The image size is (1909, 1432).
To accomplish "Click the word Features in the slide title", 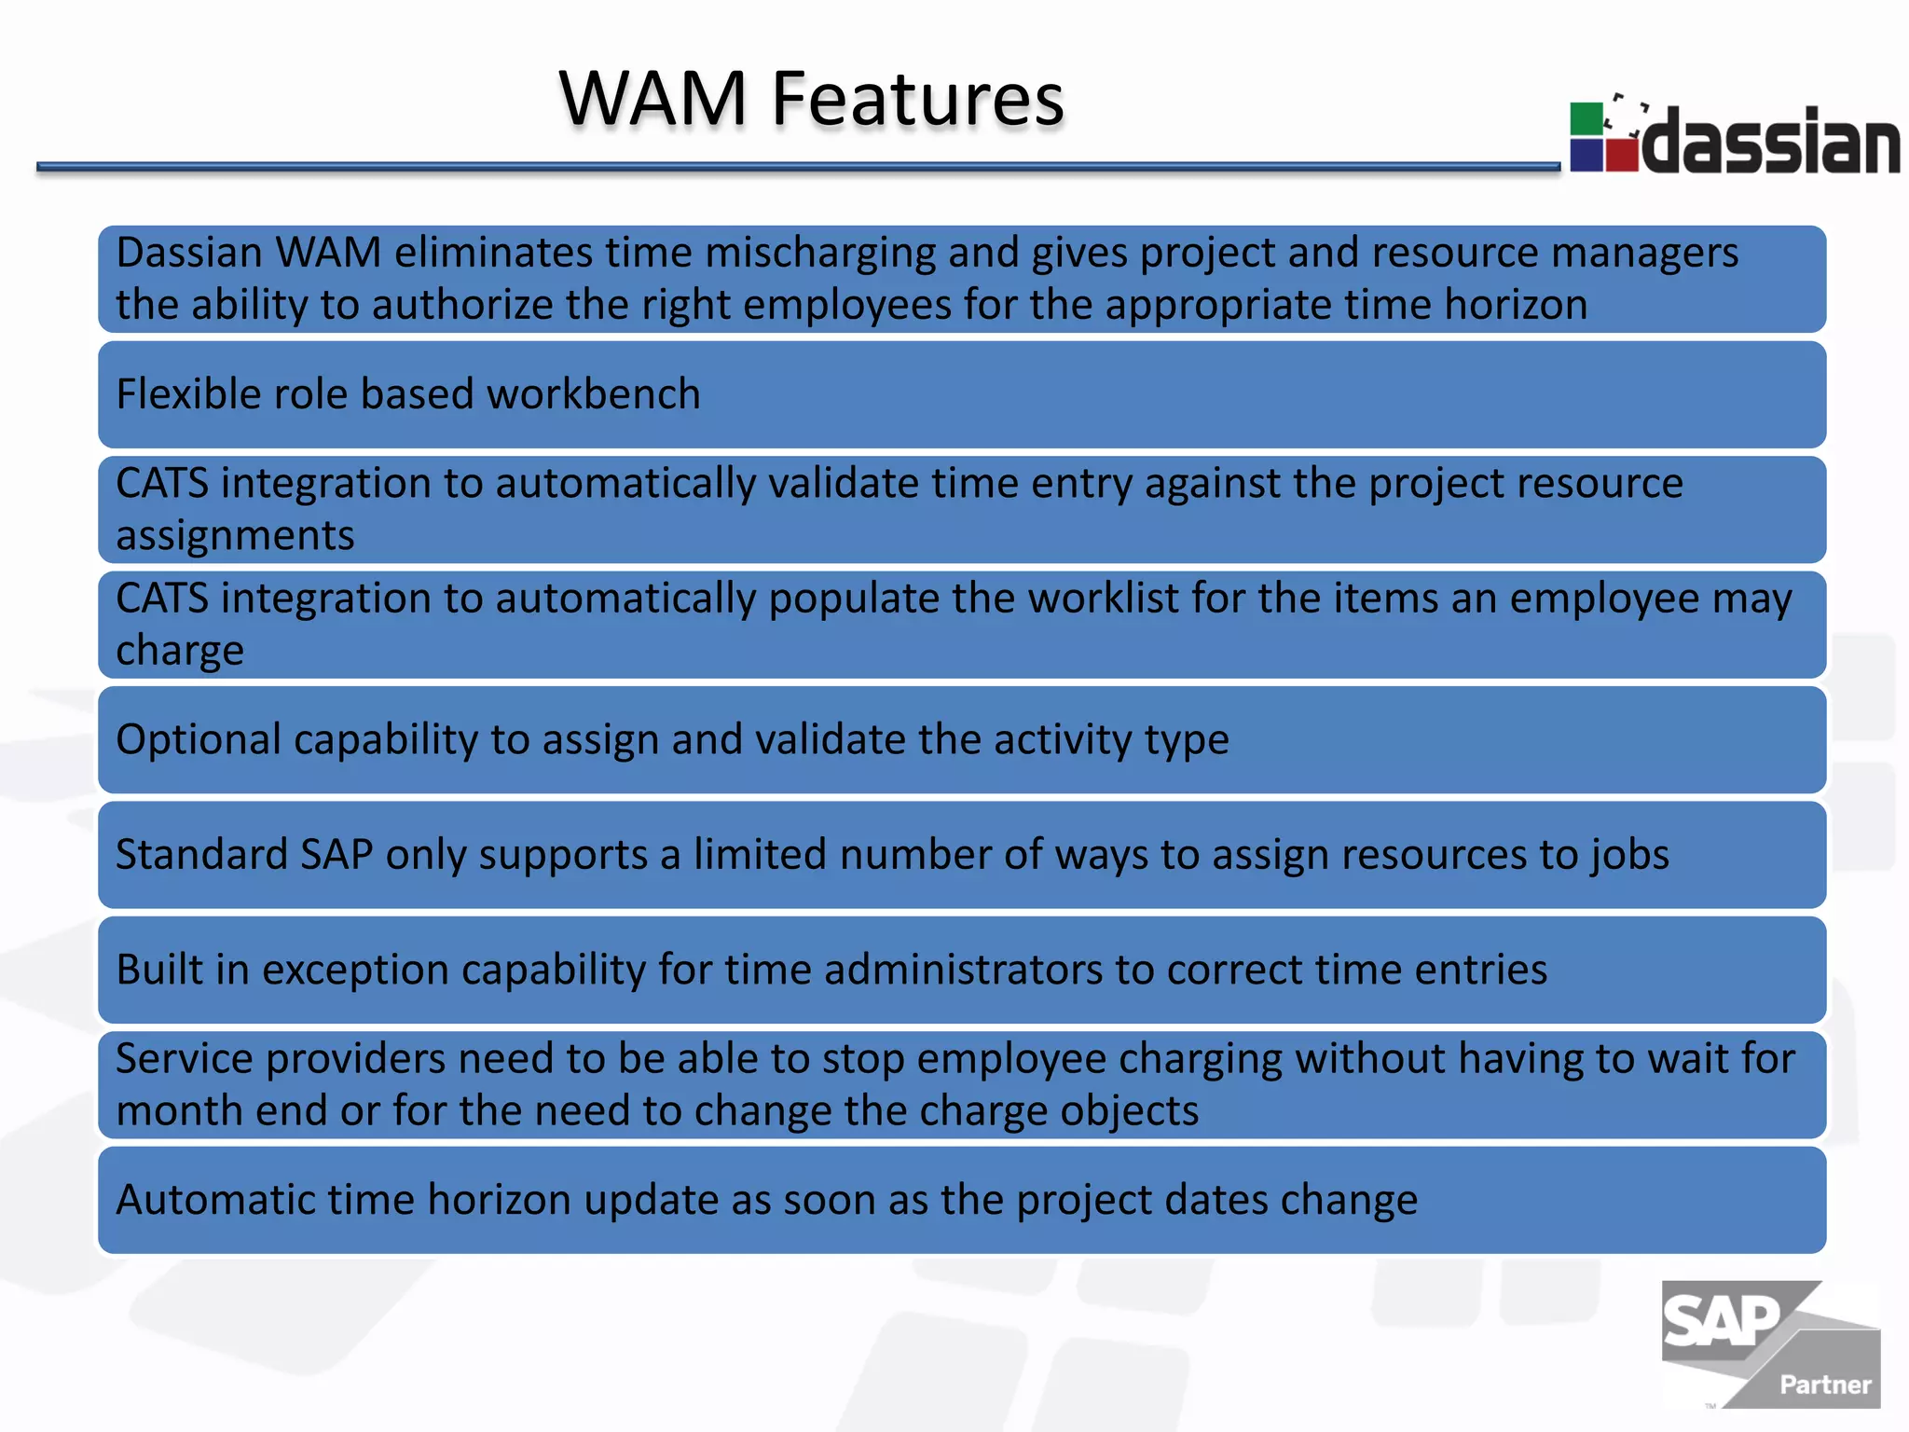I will click(x=917, y=99).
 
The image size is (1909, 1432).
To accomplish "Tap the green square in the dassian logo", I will click(x=1586, y=119).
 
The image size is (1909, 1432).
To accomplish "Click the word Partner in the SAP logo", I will click(x=1825, y=1384).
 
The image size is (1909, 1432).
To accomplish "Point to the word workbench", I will click(x=593, y=394).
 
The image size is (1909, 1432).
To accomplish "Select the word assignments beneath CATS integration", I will click(x=235, y=536).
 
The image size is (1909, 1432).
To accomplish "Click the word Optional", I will click(x=199, y=740).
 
